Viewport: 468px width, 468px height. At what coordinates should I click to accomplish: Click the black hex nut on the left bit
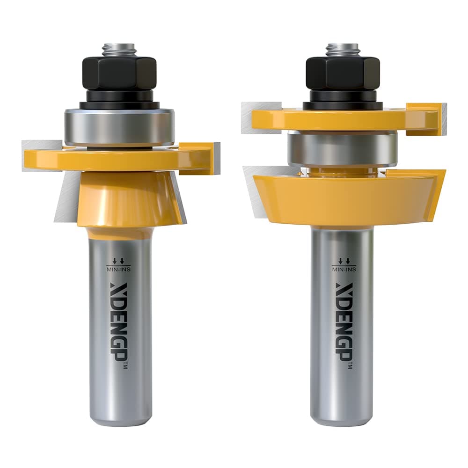(119, 73)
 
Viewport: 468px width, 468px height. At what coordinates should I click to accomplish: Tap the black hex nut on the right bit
(343, 73)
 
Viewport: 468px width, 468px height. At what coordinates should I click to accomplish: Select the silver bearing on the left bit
(119, 126)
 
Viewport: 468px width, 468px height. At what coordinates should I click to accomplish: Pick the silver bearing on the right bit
(343, 148)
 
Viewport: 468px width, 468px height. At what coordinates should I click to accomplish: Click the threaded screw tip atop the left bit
(119, 48)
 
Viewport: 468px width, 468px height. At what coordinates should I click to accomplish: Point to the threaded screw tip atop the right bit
(343, 48)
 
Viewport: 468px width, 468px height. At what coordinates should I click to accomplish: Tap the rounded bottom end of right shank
(343, 419)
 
